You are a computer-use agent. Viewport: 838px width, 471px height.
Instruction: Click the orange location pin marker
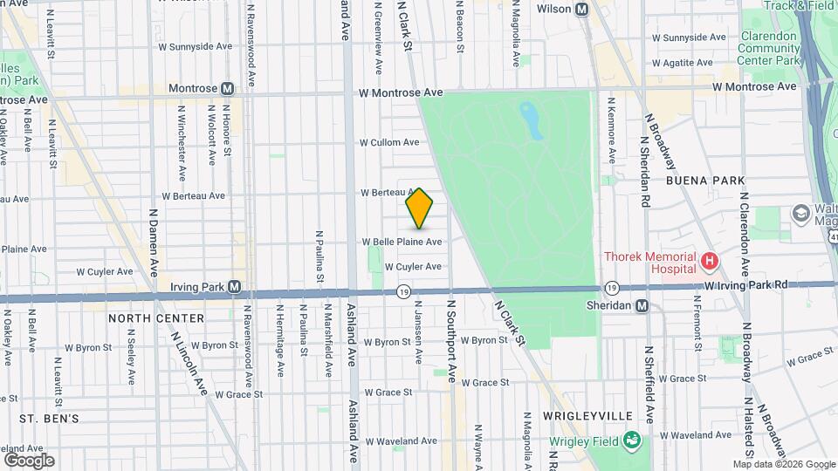coord(420,208)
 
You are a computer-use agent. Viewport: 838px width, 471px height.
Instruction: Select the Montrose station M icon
coord(228,88)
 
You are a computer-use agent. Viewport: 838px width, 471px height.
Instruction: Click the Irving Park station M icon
coord(234,286)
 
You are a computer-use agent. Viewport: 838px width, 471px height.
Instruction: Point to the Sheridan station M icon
coord(642,305)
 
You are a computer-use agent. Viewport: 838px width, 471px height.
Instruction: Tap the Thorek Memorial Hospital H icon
coord(710,260)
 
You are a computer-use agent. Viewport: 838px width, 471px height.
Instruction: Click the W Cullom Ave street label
coord(389,142)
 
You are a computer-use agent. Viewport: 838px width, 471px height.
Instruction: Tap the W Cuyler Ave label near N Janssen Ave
coord(413,267)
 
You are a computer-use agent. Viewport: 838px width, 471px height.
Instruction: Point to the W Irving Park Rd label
coord(746,284)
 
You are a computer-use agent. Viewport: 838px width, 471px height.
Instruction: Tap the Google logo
coord(29,460)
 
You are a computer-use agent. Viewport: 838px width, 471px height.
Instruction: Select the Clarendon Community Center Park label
coord(769,48)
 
